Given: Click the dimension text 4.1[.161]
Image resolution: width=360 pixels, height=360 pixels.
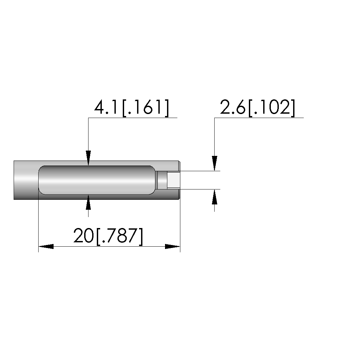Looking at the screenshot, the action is click(x=131, y=107).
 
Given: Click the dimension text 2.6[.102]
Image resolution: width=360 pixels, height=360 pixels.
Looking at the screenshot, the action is click(x=258, y=107).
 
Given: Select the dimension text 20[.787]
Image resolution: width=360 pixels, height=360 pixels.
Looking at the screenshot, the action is click(x=108, y=236).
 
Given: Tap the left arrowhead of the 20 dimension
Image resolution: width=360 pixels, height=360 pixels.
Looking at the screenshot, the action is click(x=46, y=247).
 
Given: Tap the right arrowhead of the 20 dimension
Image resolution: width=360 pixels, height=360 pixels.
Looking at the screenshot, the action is click(x=173, y=247).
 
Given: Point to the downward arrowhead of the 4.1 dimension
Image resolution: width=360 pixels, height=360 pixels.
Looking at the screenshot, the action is click(x=89, y=158).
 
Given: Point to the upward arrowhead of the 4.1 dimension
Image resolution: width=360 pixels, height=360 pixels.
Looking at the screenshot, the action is click(x=89, y=202).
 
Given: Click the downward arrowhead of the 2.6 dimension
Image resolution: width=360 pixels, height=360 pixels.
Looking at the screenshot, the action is click(x=215, y=164).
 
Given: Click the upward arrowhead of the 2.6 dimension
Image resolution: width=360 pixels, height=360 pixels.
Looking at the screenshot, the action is click(x=215, y=197).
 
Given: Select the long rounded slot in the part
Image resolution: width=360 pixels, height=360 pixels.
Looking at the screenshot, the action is click(x=97, y=180).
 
